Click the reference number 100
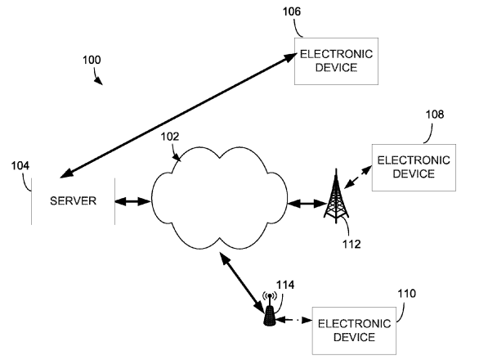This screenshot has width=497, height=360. pyautogui.click(x=93, y=61)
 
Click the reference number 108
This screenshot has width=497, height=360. pyautogui.click(x=434, y=115)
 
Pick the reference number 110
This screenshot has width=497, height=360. pyautogui.click(x=405, y=292)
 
